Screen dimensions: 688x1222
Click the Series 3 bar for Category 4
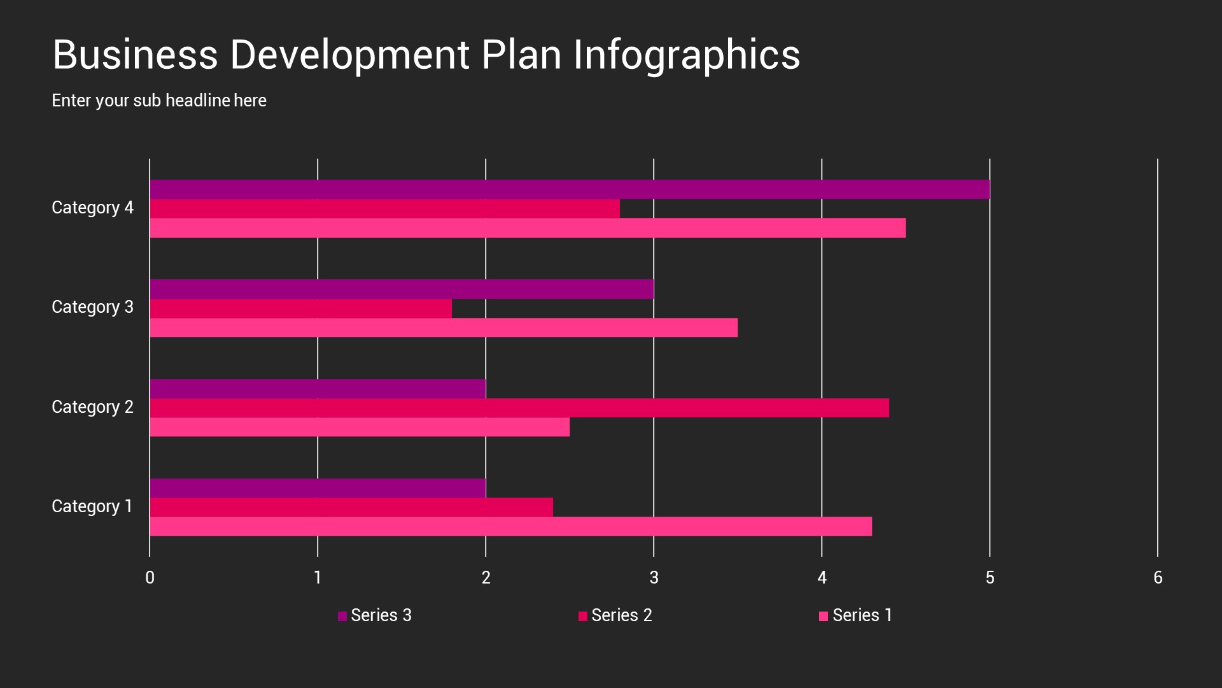(x=570, y=189)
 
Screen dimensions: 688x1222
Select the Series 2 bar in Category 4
(x=384, y=209)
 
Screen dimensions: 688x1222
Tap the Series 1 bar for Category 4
(x=527, y=228)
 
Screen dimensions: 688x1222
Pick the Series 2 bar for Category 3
(x=300, y=308)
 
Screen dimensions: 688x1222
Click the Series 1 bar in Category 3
(x=444, y=327)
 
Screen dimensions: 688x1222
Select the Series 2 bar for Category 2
(x=519, y=408)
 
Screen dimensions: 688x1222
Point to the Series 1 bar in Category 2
(x=360, y=427)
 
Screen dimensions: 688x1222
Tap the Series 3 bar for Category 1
(x=318, y=488)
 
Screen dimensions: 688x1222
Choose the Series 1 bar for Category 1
(x=510, y=526)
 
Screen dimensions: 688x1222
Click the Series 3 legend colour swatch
(x=342, y=616)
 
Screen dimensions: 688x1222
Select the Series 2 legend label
(x=621, y=615)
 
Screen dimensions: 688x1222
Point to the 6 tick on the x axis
(x=1158, y=578)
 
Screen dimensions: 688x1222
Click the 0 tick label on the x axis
(x=150, y=578)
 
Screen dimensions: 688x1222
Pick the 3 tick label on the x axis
(x=654, y=578)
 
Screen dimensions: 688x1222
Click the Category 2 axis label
(x=92, y=407)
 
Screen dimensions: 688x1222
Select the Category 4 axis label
(x=92, y=208)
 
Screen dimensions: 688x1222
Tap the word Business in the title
(x=135, y=55)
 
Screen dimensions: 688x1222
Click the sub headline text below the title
(x=159, y=101)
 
